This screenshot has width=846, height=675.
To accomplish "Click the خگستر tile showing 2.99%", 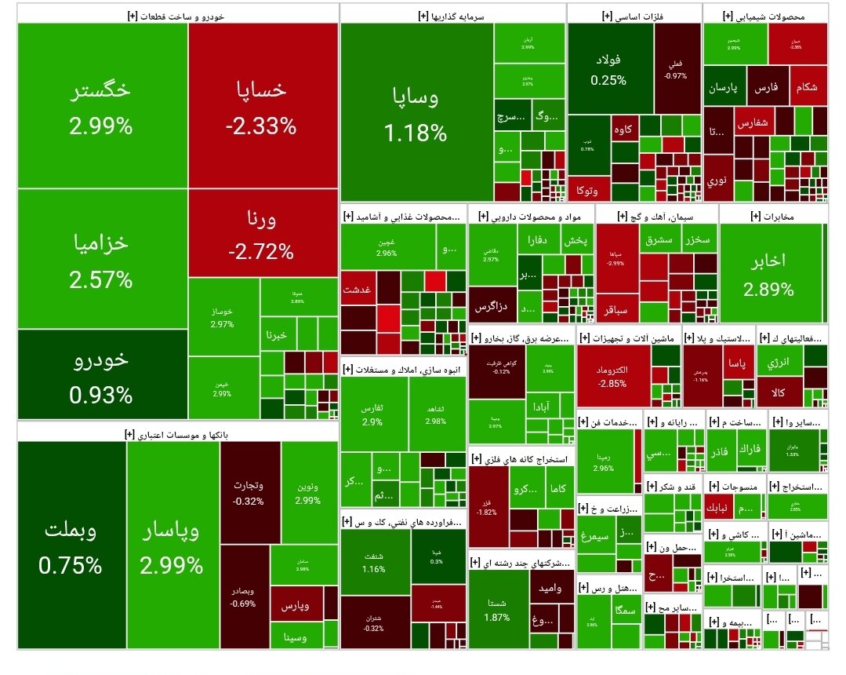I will pyautogui.click(x=101, y=106).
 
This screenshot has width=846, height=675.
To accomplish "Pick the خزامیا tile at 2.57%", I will pyautogui.click(x=101, y=259).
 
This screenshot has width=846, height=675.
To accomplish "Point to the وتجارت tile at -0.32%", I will pyautogui.click(x=248, y=492).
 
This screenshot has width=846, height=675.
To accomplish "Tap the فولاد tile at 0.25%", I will pyautogui.click(x=608, y=69).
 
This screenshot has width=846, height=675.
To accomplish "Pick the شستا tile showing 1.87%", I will pyautogui.click(x=497, y=609).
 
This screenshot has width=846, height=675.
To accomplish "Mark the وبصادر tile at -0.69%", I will pyautogui.click(x=244, y=597).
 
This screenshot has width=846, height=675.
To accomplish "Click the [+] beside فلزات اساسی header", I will pyautogui.click(x=607, y=14).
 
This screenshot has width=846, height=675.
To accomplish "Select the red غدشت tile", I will pyautogui.click(x=358, y=290).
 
